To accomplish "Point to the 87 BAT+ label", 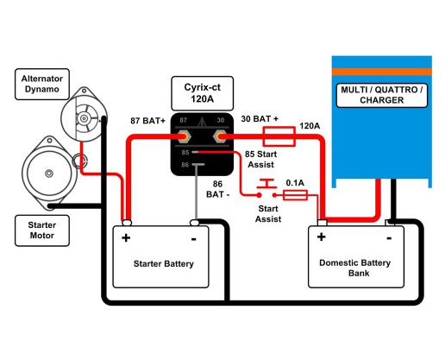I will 147,122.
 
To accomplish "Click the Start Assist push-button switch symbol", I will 267,185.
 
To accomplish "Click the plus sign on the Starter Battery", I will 126,237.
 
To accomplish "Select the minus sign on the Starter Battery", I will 194,237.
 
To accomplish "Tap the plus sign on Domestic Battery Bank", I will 322,236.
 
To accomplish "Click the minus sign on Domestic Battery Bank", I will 390,236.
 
